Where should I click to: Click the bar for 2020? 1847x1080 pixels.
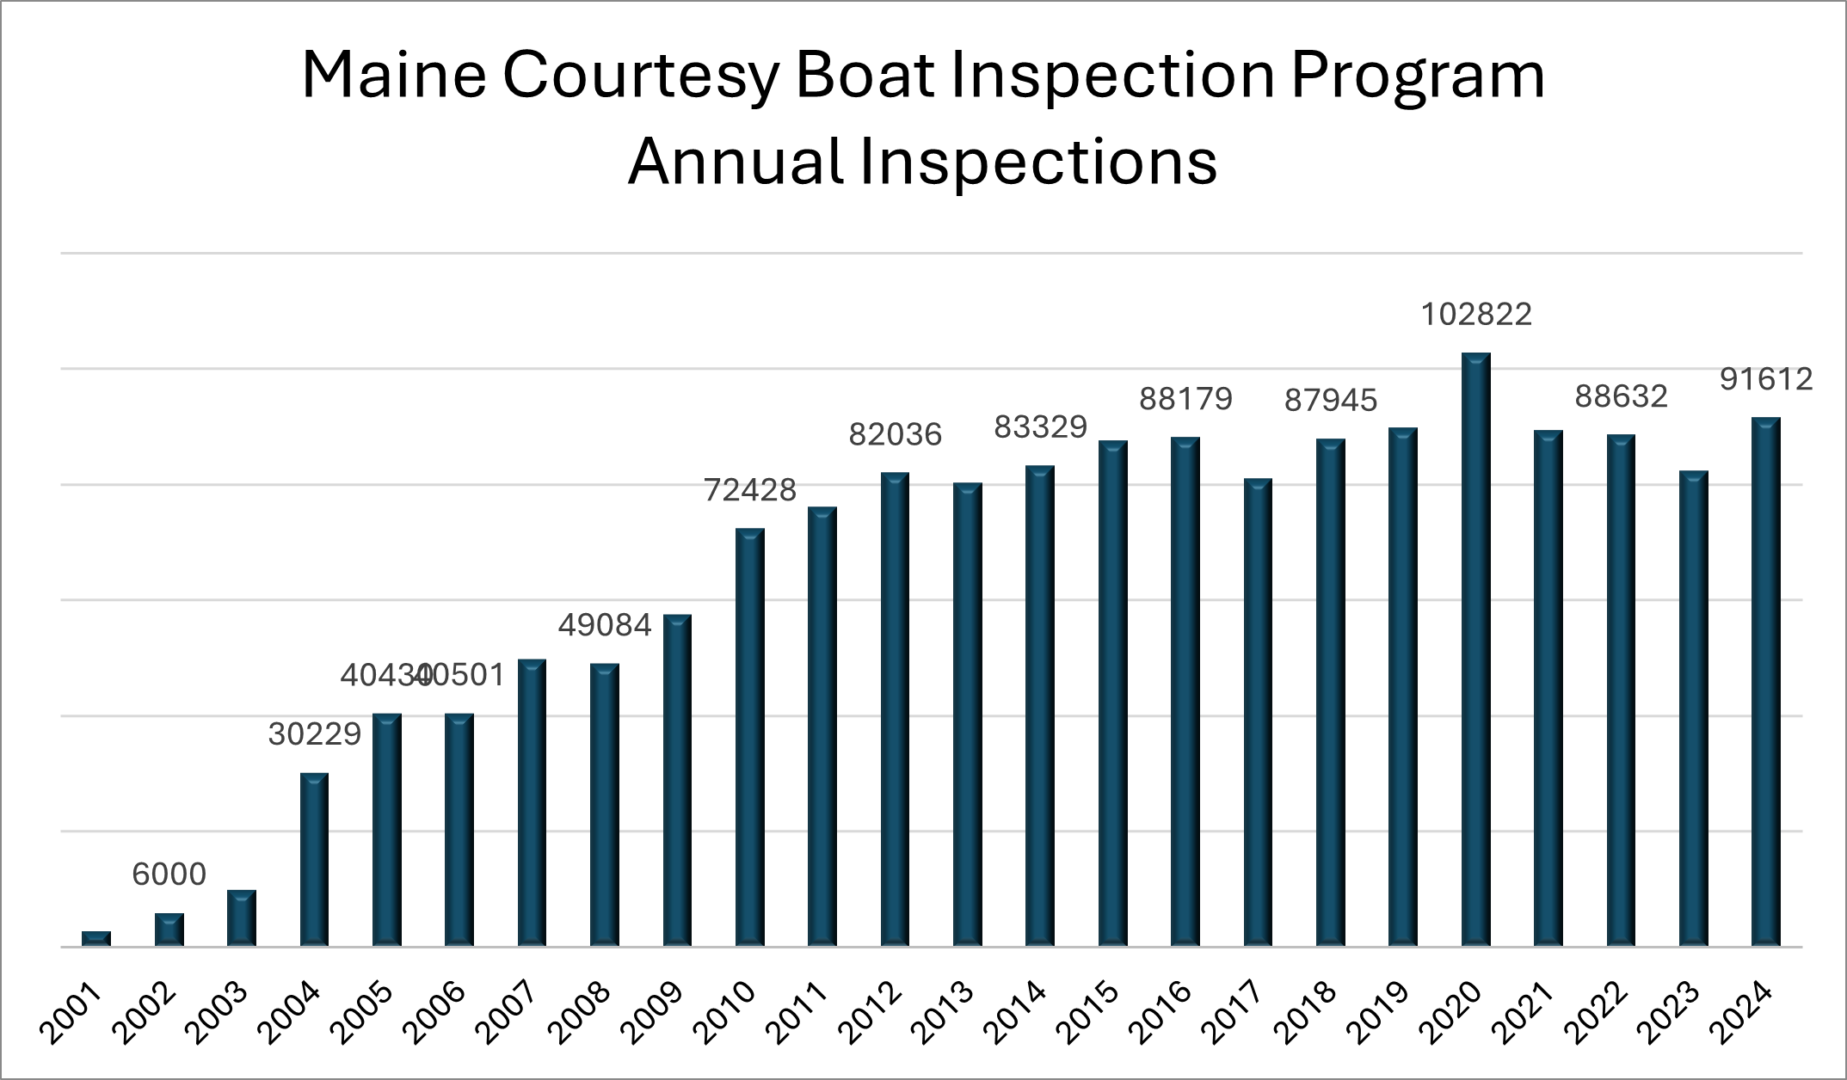(1475, 650)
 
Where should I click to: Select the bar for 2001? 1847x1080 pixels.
(96, 939)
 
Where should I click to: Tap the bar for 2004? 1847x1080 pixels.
(314, 860)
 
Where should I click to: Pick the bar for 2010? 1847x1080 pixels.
(750, 738)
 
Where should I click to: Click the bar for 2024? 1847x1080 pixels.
(1765, 682)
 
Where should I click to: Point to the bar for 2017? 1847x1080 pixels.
(1258, 712)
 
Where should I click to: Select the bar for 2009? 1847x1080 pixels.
(677, 781)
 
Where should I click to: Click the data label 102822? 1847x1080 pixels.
(1475, 315)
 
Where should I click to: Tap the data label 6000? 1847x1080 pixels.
(169, 874)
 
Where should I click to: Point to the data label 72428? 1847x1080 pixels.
(750, 490)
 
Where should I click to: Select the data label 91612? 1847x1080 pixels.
(1765, 379)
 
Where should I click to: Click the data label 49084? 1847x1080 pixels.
(605, 625)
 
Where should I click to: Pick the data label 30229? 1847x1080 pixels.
(314, 734)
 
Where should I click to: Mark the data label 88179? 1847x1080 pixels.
(1185, 399)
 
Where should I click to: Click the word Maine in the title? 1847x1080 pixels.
(393, 76)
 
